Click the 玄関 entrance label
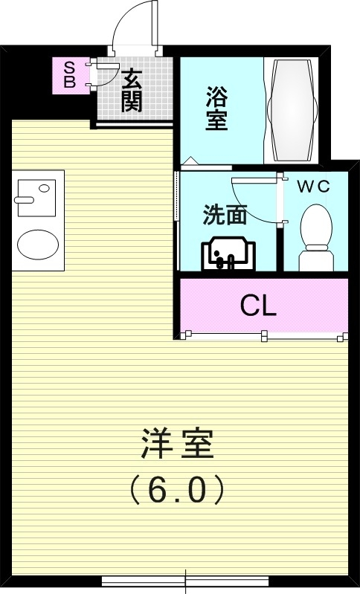pos(132,90)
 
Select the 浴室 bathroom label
pos(216,109)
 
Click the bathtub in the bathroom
pos(292,109)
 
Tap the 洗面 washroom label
pos(225,215)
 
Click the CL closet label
pos(259,305)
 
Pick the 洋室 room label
pos(177,447)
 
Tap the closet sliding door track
pos(264,336)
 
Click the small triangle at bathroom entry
pos(190,160)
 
